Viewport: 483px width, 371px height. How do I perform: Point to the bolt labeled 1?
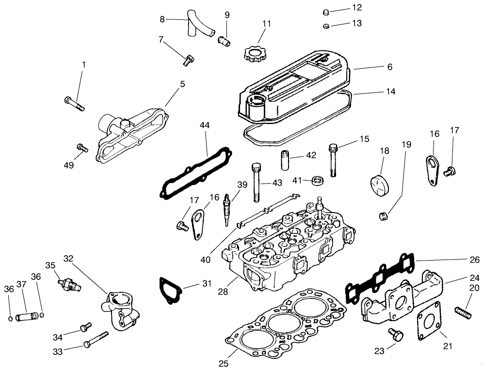[74, 104]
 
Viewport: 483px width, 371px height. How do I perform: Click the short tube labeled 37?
[26, 317]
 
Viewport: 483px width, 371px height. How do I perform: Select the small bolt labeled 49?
[81, 148]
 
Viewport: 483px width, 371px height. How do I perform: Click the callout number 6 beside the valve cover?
[389, 67]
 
